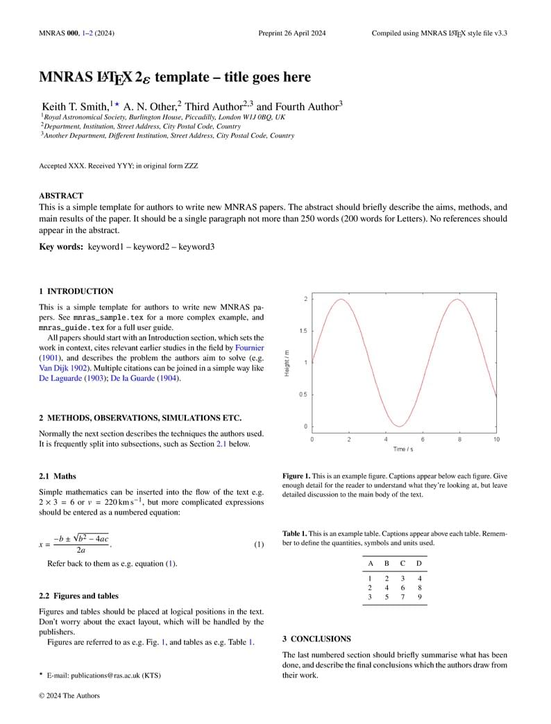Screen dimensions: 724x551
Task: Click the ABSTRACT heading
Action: click(61, 196)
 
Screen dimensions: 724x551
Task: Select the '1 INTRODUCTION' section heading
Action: click(76, 291)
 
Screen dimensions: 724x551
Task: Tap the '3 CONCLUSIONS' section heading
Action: click(316, 639)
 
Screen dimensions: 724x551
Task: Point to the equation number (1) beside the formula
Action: click(258, 544)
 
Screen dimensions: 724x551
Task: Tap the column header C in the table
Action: click(402, 563)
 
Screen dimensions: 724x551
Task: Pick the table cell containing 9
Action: click(419, 596)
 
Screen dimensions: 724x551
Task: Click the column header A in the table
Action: click(370, 563)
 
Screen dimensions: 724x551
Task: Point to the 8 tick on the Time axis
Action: click(459, 440)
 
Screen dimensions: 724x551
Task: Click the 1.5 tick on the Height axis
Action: click(303, 331)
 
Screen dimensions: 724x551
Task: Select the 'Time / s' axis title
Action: click(403, 449)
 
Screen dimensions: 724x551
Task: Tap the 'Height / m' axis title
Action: click(287, 363)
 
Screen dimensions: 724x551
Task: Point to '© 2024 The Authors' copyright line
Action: click(69, 696)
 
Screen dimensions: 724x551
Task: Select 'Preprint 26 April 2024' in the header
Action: click(291, 33)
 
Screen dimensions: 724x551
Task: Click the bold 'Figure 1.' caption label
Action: click(296, 476)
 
